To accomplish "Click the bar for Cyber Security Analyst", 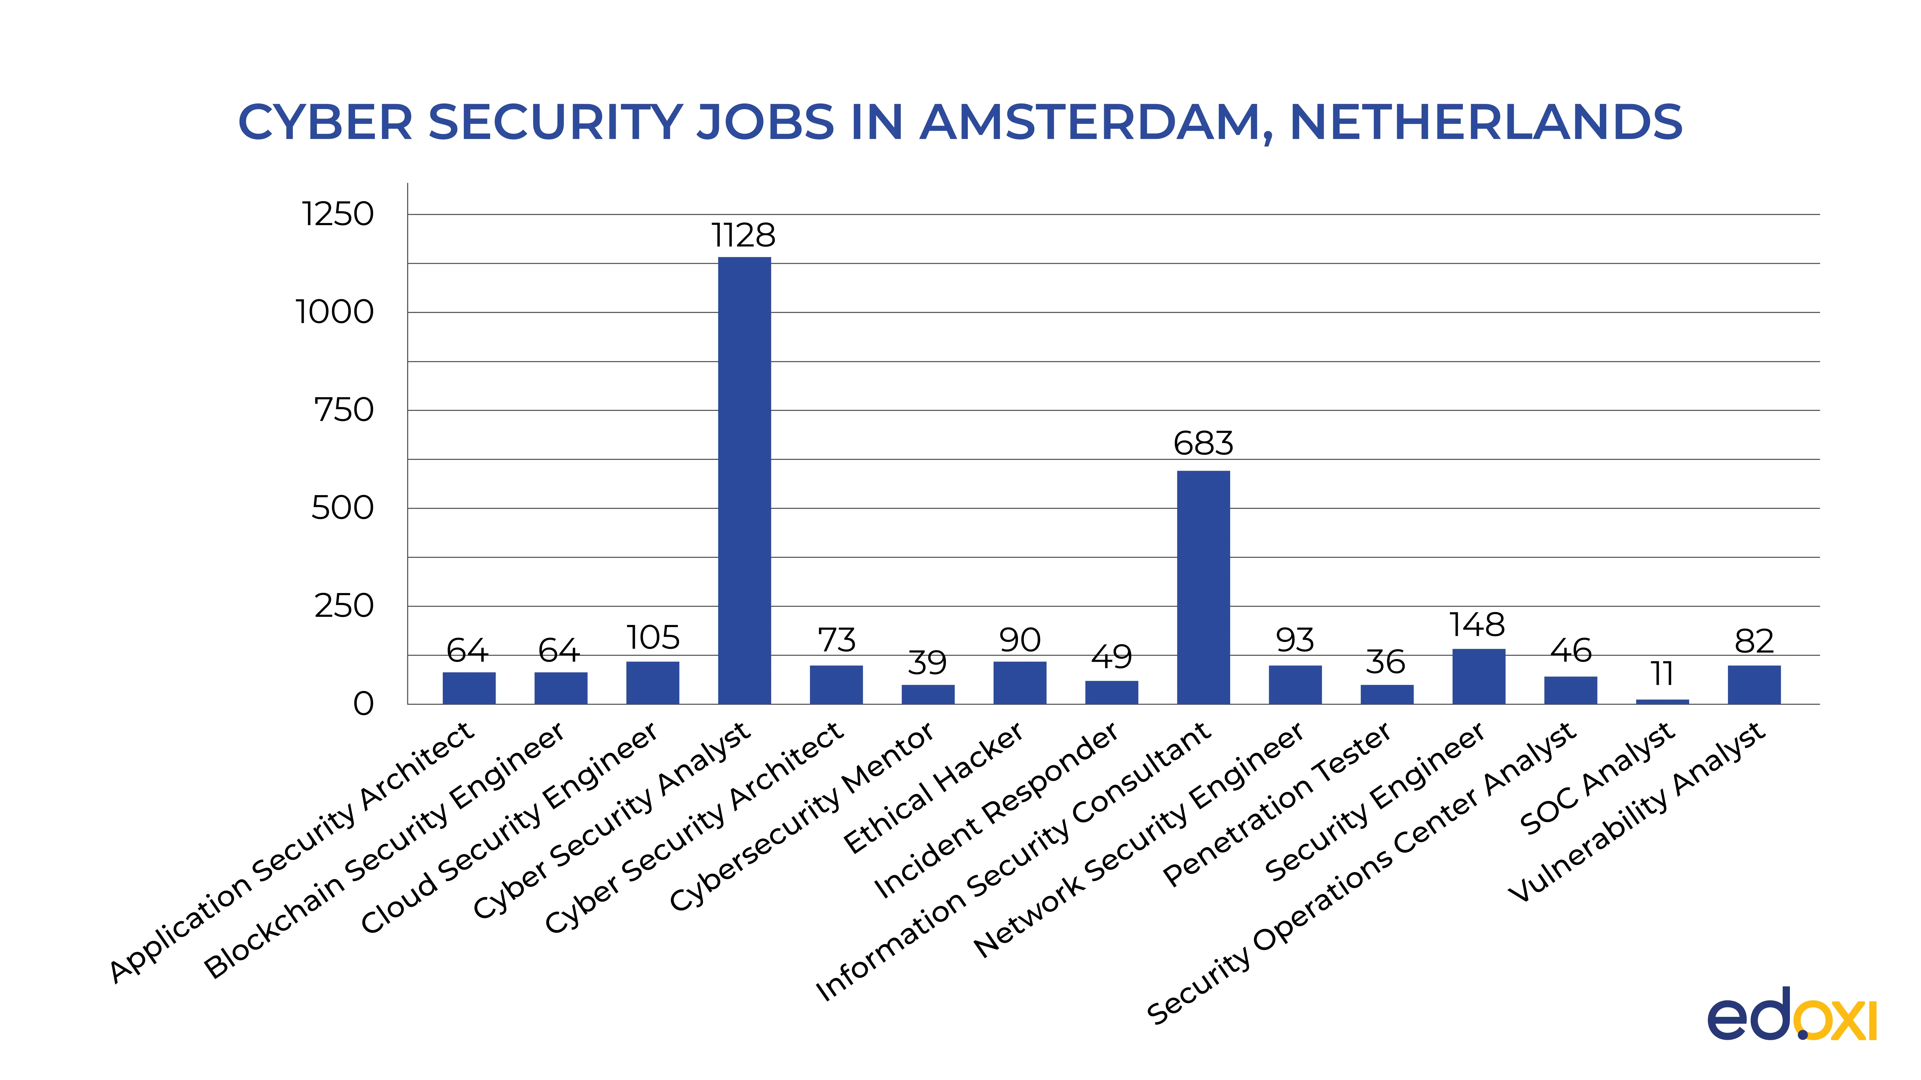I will [744, 481].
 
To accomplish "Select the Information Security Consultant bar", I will [1203, 587].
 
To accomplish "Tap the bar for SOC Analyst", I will [1662, 701].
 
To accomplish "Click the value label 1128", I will [743, 235].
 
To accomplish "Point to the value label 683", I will [1203, 444].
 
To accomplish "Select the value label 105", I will [652, 638].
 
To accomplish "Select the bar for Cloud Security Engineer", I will [652, 683].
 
